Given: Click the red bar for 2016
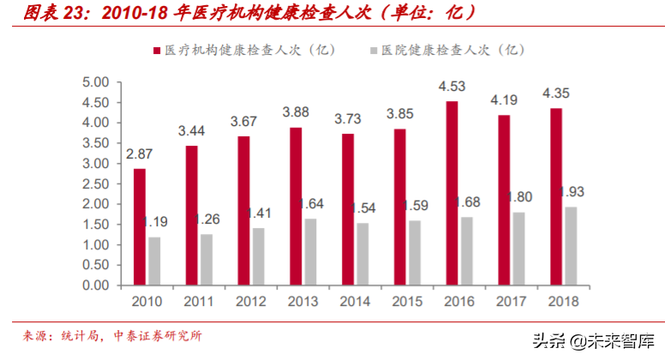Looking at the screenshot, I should tap(452, 193).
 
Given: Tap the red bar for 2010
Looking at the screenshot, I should tap(140, 227).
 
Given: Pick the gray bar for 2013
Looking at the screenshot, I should tap(310, 252).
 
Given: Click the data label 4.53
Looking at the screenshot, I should tap(452, 86).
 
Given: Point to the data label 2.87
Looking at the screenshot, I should tap(140, 153).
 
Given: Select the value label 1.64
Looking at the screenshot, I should tap(314, 203).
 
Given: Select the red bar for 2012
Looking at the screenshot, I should tap(243, 211).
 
